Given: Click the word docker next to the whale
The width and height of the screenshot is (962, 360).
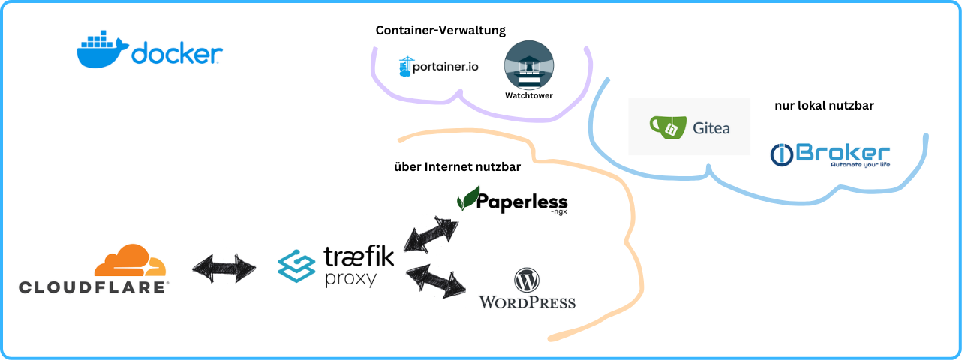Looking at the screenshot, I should tap(177, 54).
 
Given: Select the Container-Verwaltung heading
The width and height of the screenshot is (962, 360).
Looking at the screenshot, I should tap(440, 31).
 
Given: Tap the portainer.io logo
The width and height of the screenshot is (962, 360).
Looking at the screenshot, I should tap(439, 67).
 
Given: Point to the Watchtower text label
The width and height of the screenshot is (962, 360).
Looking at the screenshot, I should tap(529, 96).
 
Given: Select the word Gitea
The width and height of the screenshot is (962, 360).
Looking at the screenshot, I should tap(711, 128).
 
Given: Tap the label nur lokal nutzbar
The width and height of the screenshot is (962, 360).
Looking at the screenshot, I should tap(824, 106).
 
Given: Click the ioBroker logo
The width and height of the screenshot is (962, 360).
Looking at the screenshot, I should tap(830, 154).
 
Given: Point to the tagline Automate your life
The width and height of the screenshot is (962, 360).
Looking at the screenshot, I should tap(859, 165).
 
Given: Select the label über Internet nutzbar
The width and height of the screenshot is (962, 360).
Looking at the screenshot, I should tap(457, 166).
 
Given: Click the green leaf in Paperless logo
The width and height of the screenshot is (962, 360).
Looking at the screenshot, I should tap(468, 198).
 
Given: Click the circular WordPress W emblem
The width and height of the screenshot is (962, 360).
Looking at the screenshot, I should tap(527, 280).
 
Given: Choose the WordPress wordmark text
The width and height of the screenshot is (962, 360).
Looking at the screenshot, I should tap(527, 302).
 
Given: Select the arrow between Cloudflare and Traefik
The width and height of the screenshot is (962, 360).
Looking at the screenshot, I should tap(224, 268).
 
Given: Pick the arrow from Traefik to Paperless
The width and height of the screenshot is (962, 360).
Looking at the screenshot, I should tap(431, 234).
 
